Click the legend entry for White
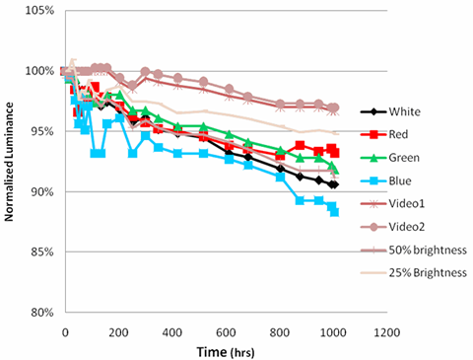[x=405, y=111]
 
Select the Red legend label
[x=398, y=134]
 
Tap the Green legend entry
[x=404, y=158]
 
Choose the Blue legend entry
[x=400, y=180]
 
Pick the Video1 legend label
[x=407, y=204]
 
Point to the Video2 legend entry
[x=407, y=227]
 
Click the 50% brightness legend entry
[x=428, y=251]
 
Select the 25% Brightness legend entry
[x=428, y=273]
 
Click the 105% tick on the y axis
[x=39, y=11]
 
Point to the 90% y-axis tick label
[x=42, y=191]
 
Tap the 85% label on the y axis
[x=42, y=252]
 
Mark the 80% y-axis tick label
[x=42, y=313]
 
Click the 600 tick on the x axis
[x=226, y=332]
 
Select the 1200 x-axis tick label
[x=387, y=332]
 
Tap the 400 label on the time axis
[x=172, y=332]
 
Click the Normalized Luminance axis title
[x=9, y=162]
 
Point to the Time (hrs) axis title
[x=226, y=352]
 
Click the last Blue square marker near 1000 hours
[x=334, y=212]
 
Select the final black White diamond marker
[x=335, y=184]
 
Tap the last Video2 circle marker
[x=335, y=108]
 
